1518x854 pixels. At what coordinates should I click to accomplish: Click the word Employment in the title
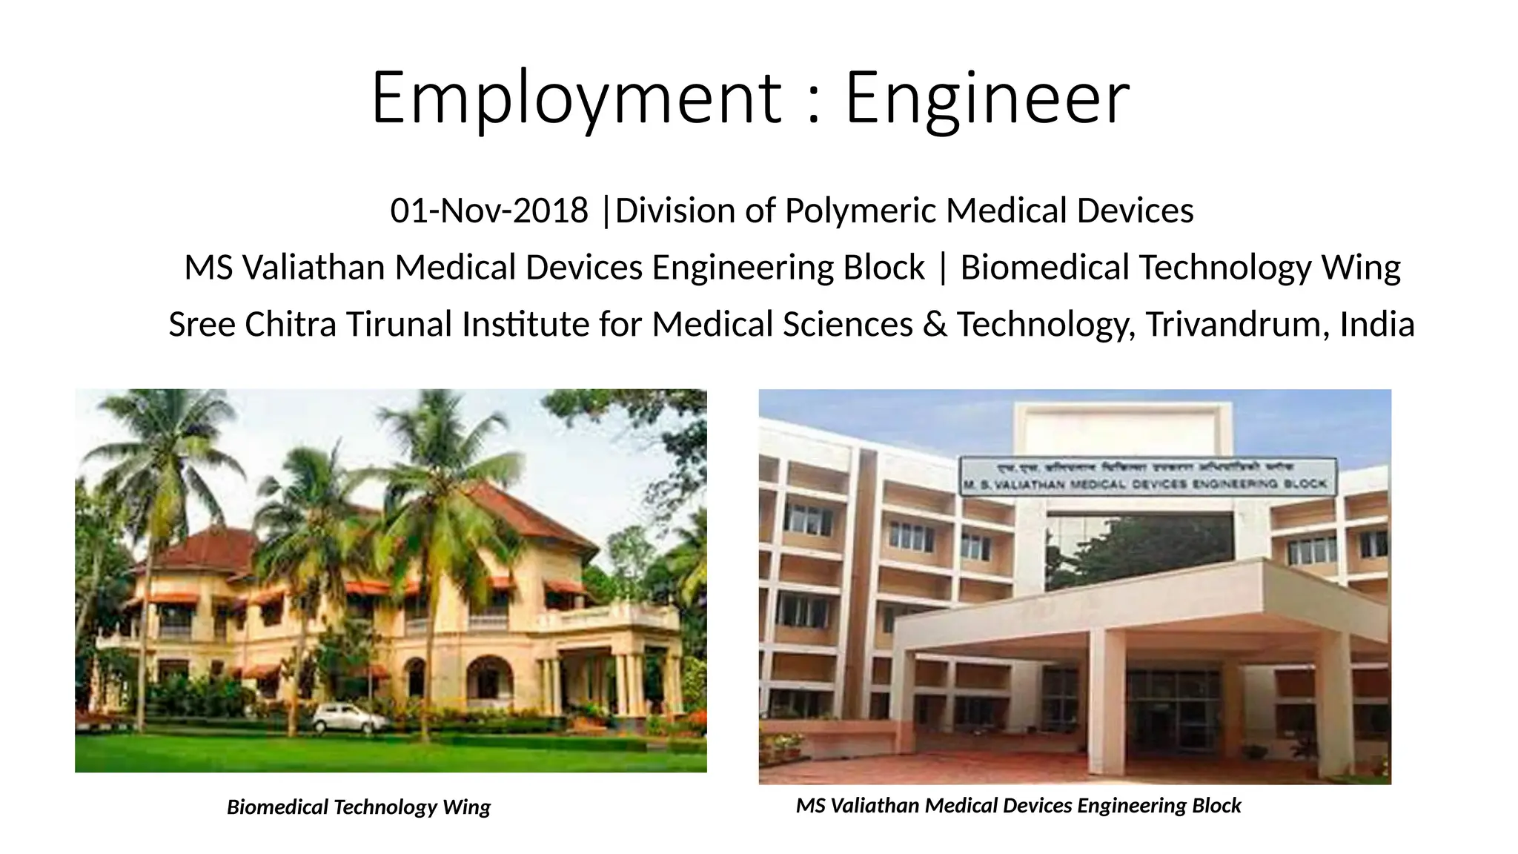575,99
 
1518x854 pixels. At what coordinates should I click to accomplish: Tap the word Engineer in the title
987,99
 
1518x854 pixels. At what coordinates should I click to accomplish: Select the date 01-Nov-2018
489,211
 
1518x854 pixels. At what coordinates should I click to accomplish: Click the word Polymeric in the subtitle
861,211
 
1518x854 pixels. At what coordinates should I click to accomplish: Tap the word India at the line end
1376,325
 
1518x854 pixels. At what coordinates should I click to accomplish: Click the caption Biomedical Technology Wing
358,807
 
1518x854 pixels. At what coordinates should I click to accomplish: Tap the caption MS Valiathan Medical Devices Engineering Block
1018,806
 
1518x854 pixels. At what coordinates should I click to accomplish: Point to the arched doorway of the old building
490,678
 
